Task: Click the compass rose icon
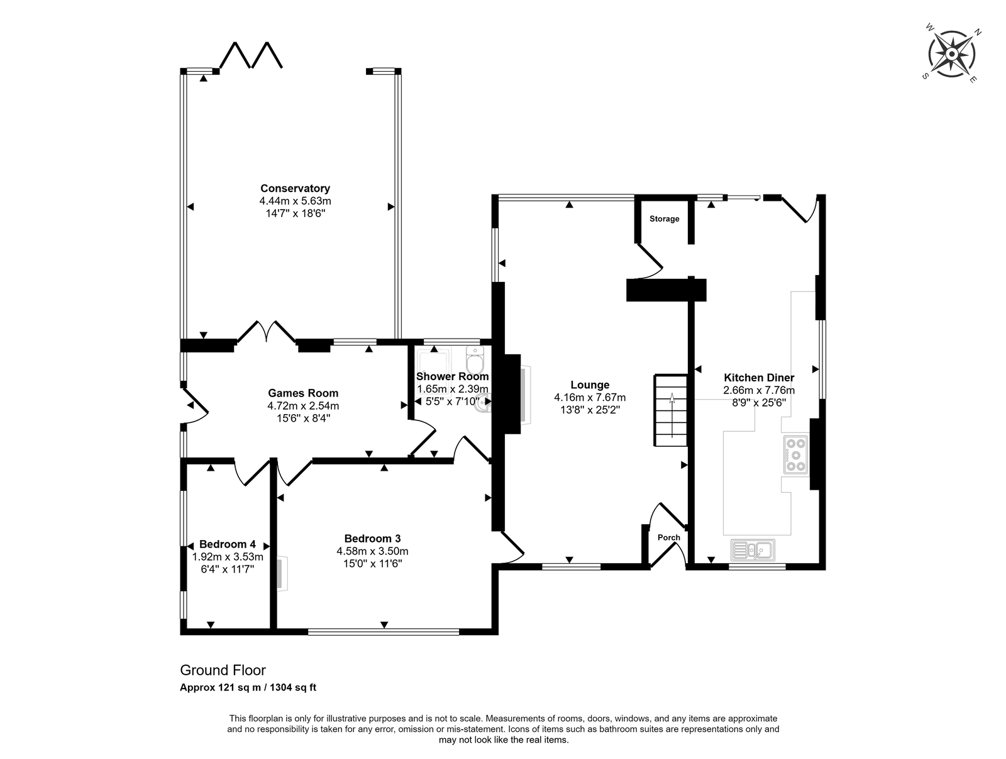(x=951, y=55)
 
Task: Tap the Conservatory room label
(x=295, y=188)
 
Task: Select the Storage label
(x=664, y=219)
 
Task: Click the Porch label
(x=669, y=537)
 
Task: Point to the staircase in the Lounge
(x=670, y=410)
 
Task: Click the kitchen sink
(x=753, y=550)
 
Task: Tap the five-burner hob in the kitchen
(x=795, y=454)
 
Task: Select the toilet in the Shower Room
(x=475, y=361)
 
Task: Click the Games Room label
(x=303, y=393)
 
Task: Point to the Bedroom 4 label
(x=228, y=544)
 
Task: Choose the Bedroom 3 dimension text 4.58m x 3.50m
(x=372, y=551)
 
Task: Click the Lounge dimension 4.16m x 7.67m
(x=590, y=398)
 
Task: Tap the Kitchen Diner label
(x=759, y=378)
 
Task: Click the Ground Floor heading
(x=223, y=670)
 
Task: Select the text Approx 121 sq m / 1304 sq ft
(x=248, y=687)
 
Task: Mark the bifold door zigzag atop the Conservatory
(x=251, y=55)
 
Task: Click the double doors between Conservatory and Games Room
(x=267, y=332)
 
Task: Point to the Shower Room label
(x=452, y=376)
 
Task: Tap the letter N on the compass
(x=978, y=32)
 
